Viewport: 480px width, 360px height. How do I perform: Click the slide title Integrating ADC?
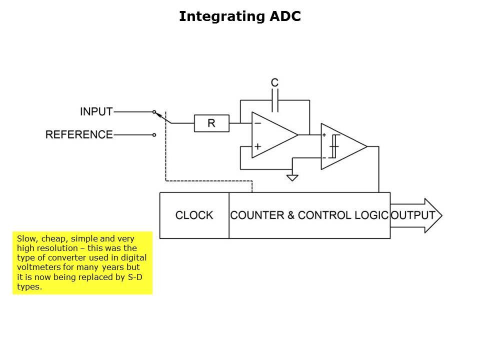(239, 16)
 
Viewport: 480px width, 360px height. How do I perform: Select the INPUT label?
(96, 111)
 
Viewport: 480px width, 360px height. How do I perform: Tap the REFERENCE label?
(79, 134)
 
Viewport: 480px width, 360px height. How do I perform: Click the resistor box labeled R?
(211, 123)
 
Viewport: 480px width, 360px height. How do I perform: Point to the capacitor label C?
(274, 82)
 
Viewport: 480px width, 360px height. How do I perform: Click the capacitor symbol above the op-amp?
(274, 102)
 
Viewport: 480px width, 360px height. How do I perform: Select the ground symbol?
(292, 177)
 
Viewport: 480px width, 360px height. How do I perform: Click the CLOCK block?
(194, 215)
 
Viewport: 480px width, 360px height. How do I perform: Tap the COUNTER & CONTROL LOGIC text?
(309, 215)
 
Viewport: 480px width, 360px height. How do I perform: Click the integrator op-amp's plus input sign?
(257, 146)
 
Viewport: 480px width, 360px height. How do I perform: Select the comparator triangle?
(342, 146)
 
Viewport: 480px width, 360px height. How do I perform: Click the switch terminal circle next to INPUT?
(154, 111)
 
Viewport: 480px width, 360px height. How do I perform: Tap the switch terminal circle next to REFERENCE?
(154, 134)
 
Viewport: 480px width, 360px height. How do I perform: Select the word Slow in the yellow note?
(25, 238)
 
